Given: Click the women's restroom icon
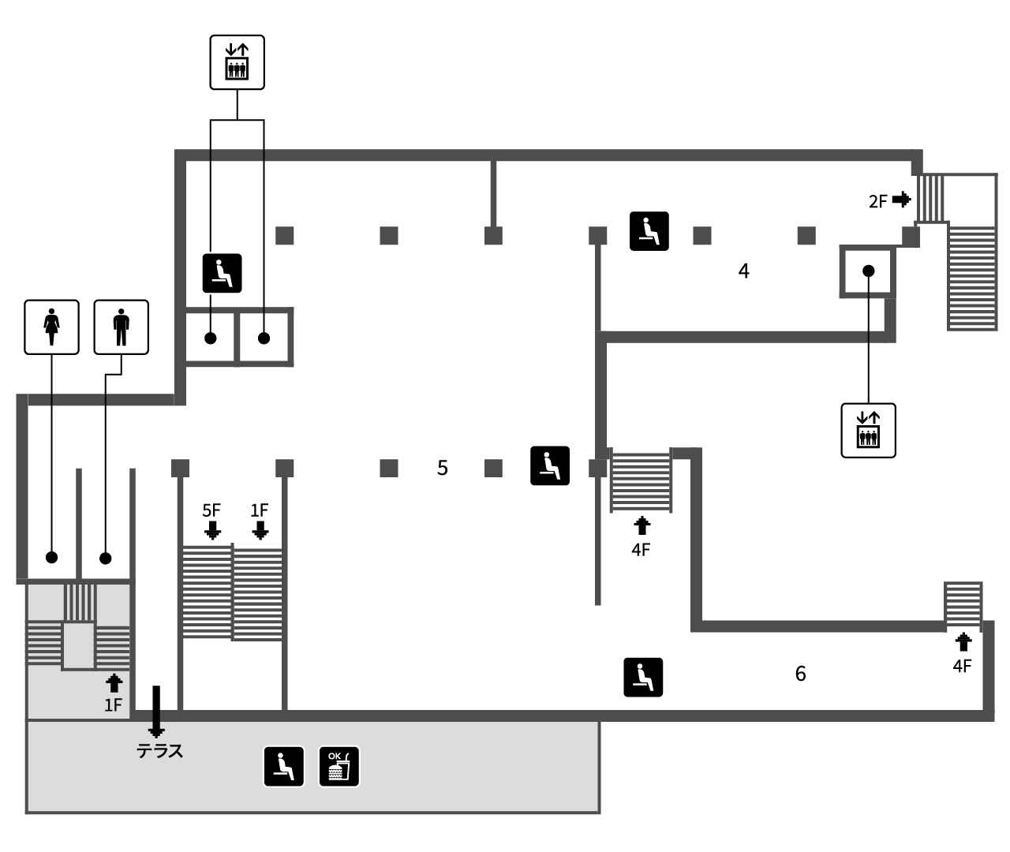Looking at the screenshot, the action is pos(52,327).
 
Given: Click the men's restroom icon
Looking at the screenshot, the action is pos(121,327).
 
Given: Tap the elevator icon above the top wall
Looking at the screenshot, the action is pos(237,62).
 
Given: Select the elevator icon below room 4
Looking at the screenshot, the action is pos(868,431).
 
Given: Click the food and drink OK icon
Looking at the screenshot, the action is pos(339,767).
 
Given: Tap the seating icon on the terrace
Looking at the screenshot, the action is pos(284,767).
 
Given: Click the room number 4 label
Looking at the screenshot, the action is pos(743,271).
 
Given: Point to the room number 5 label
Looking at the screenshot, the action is pos(442,468).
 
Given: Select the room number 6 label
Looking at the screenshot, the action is pos(801,674).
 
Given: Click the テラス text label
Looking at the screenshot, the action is pos(159,751).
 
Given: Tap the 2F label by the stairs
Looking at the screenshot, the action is pos(878,201).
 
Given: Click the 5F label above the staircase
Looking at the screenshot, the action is pos(211,510).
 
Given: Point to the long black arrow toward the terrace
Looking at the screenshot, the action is pos(156,712).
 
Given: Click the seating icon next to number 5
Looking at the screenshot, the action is pos(550,465).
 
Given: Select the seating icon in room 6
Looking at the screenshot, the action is pos(643,678).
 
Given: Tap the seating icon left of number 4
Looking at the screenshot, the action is pos(649,231).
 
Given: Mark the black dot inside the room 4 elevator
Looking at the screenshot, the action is pos(868,271).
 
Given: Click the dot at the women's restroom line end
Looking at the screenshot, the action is pos(52,558).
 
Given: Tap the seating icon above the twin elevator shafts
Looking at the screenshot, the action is pos(222,273).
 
